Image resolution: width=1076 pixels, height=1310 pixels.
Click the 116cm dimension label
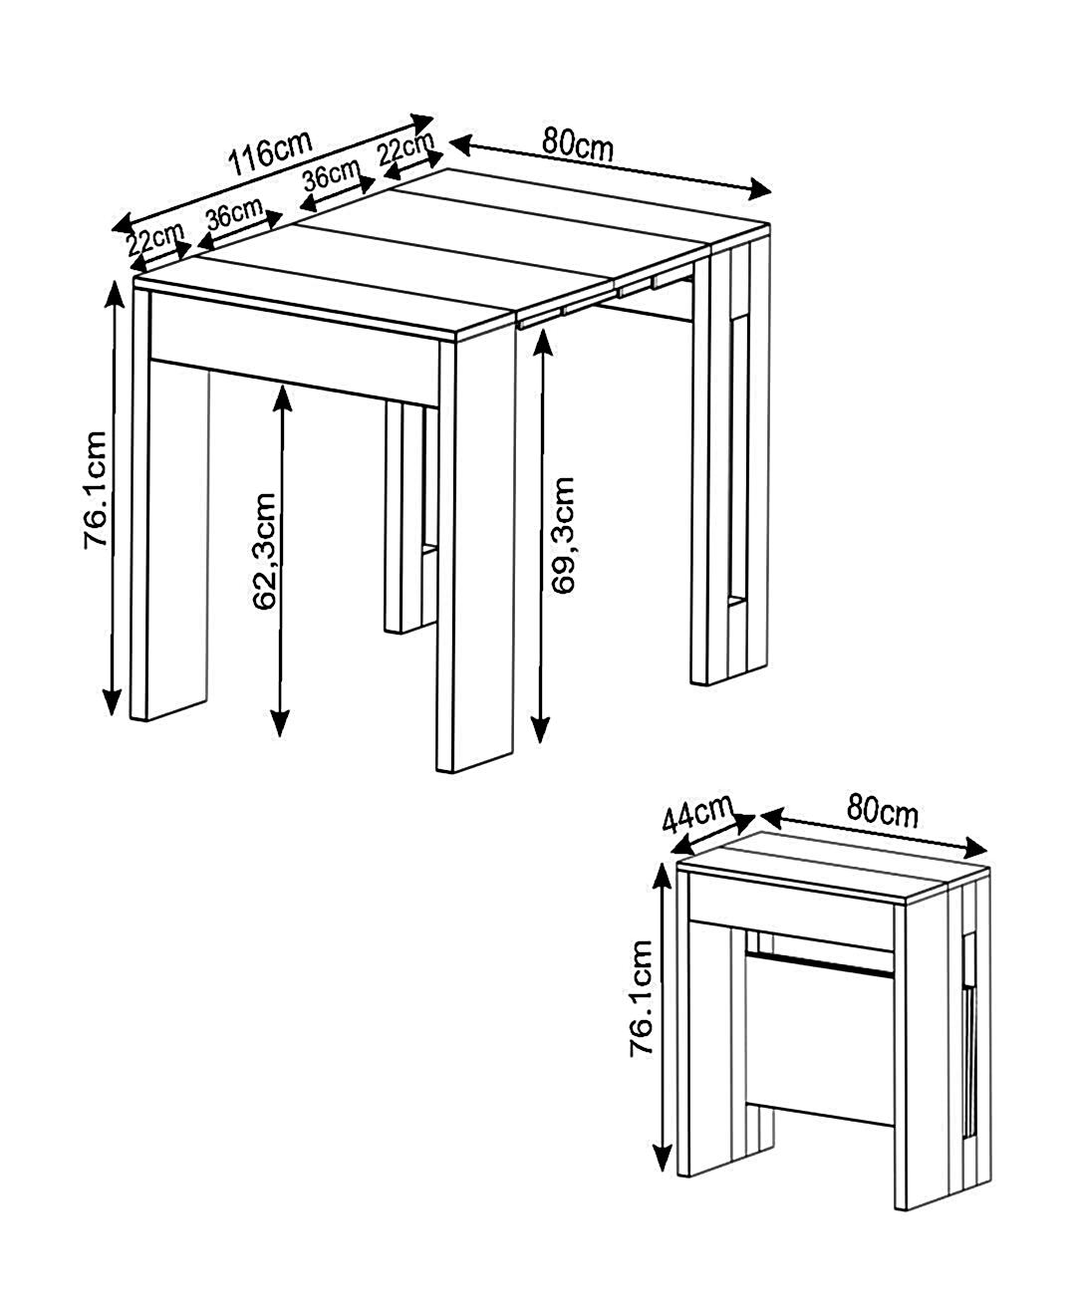click(x=270, y=152)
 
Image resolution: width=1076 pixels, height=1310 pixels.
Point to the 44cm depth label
click(x=698, y=813)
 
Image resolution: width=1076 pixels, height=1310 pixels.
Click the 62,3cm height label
click(x=265, y=551)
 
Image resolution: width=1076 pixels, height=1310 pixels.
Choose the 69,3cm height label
click(x=563, y=535)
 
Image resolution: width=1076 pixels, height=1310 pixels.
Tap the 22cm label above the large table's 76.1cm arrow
click(x=156, y=238)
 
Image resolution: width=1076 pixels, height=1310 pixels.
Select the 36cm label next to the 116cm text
click(x=331, y=174)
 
